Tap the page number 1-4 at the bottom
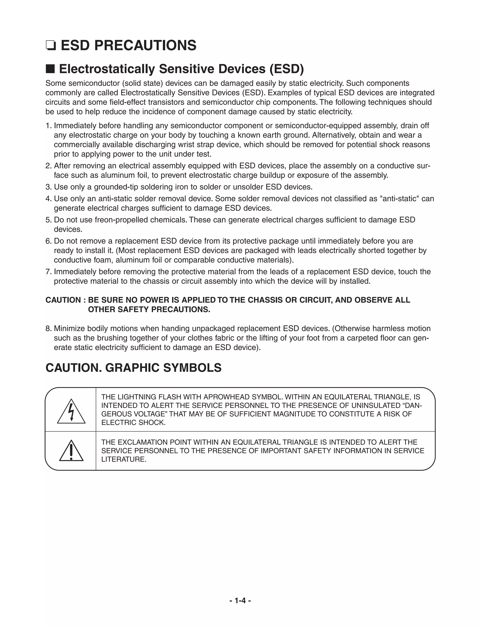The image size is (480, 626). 240,600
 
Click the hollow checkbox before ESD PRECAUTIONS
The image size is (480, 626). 51,46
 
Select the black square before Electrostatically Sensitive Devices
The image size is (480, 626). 50,69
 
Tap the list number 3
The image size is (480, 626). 48,187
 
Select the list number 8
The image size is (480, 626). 48,328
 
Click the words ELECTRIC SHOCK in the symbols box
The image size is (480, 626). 133,422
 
